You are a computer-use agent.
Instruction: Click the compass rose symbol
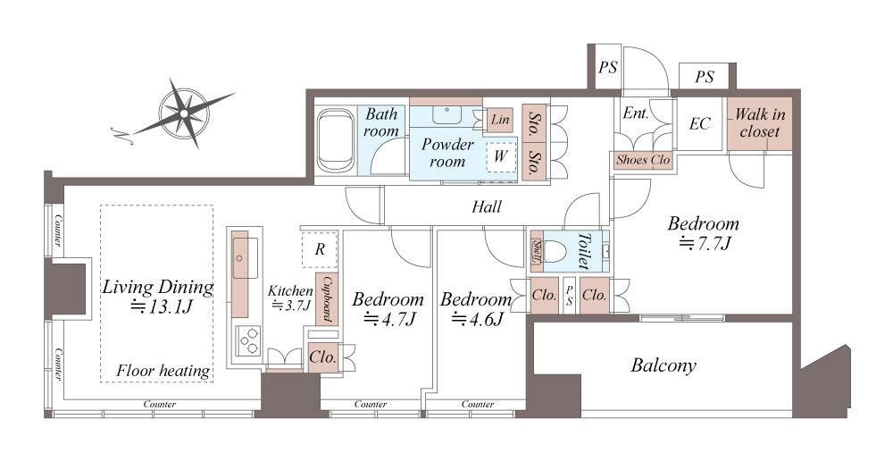pos(183,113)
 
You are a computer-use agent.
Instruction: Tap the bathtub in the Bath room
pos(335,140)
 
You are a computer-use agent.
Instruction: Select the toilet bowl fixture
pos(557,251)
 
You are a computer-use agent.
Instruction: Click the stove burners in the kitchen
pos(247,340)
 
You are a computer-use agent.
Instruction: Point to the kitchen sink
pos(246,258)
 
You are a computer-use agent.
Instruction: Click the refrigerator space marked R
pos(320,249)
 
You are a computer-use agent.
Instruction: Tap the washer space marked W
pos(501,156)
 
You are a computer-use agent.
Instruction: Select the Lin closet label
pos(500,120)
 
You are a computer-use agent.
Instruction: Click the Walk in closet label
pos(760,122)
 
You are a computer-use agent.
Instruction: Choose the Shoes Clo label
pos(643,160)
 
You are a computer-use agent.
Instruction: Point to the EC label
pos(699,123)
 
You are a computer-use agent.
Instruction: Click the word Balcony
pos(663,365)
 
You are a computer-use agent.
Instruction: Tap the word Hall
pos(487,206)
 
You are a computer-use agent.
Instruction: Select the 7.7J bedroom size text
pos(705,244)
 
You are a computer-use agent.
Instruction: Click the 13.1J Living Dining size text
pos(161,307)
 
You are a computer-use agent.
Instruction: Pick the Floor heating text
pos(163,371)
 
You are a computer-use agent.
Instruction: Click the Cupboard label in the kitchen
pos(327,299)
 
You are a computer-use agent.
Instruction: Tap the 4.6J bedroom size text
pos(477,319)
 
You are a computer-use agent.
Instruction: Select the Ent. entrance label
pos(636,113)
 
